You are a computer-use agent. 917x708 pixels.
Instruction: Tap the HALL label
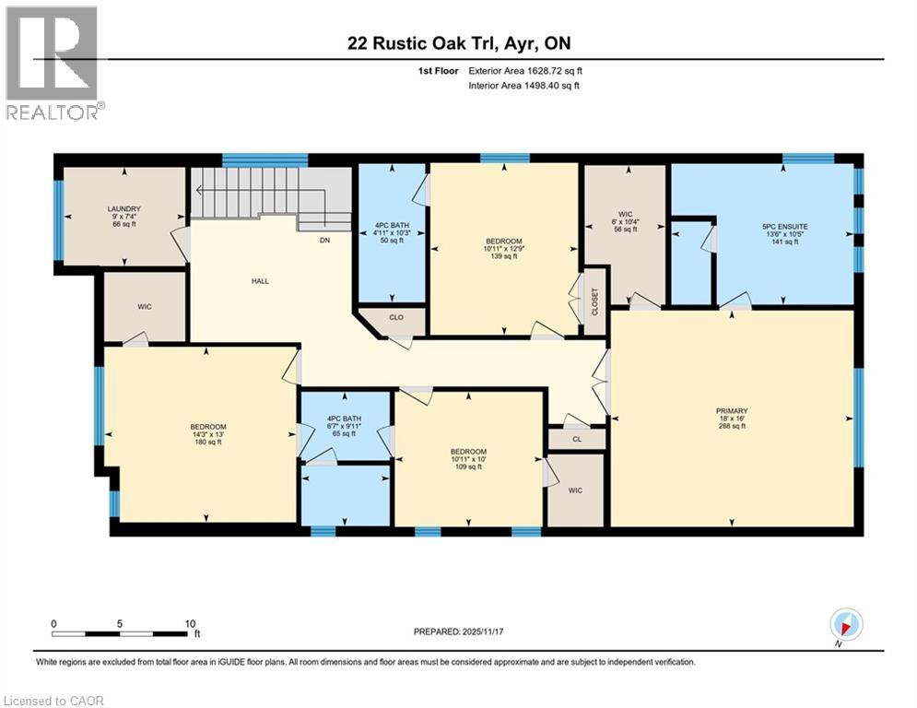[260, 281]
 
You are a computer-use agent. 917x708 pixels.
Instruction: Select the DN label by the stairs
[324, 240]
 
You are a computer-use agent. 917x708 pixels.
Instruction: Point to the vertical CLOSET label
[595, 301]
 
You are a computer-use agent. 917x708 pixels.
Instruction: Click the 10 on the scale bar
[189, 624]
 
